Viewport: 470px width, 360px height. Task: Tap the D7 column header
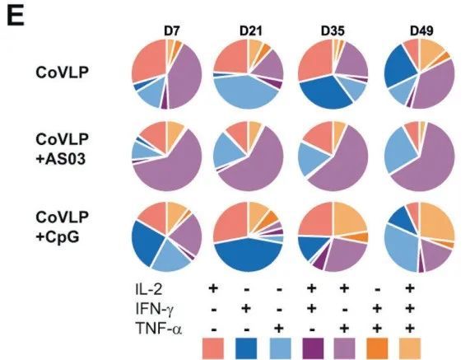[x=172, y=31]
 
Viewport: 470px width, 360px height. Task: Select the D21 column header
[x=250, y=31]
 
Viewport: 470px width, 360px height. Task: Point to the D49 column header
[x=421, y=31]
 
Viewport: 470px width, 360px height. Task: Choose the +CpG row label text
[x=58, y=237]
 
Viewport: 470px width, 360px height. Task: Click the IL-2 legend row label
[x=149, y=289]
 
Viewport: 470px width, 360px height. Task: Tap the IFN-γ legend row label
[x=154, y=309]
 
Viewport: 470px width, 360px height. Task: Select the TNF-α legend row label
[x=159, y=328]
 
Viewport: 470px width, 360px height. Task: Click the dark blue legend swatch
[x=246, y=348]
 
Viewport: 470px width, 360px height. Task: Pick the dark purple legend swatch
[x=314, y=348]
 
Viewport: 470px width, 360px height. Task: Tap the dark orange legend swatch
[x=377, y=348]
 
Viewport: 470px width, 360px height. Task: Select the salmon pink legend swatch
[x=213, y=348]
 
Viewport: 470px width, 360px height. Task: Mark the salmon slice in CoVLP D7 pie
[x=150, y=60]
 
